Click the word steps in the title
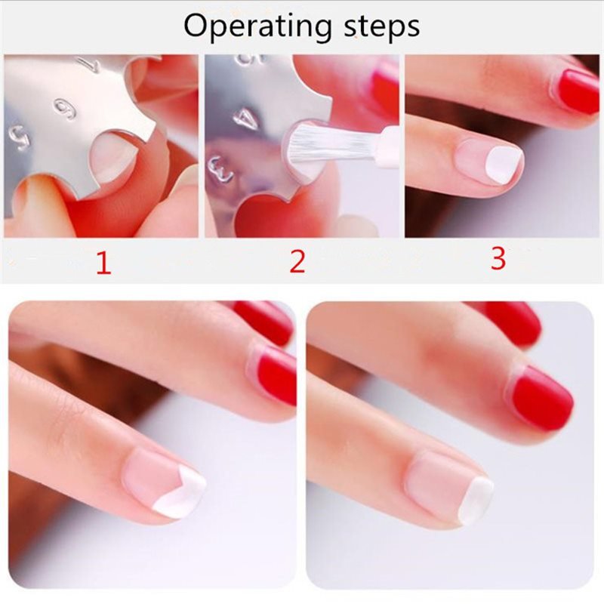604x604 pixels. click(382, 26)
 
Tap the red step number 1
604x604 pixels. click(103, 263)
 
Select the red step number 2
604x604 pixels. click(297, 261)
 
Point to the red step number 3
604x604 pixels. click(498, 258)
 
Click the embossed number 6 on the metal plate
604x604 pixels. click(64, 109)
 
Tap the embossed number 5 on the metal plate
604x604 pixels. click(19, 137)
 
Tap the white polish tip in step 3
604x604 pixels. click(504, 164)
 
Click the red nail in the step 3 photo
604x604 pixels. click(575, 91)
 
